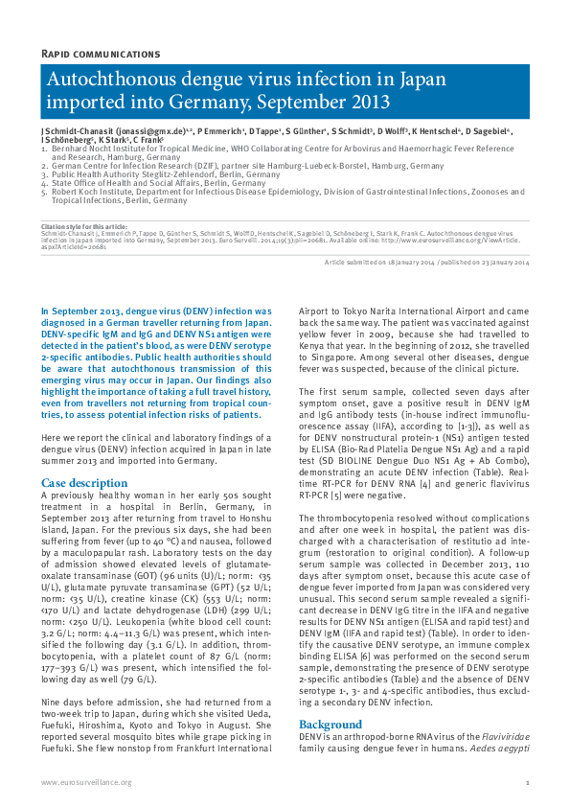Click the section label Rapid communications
(101, 54)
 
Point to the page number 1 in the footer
(527, 783)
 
